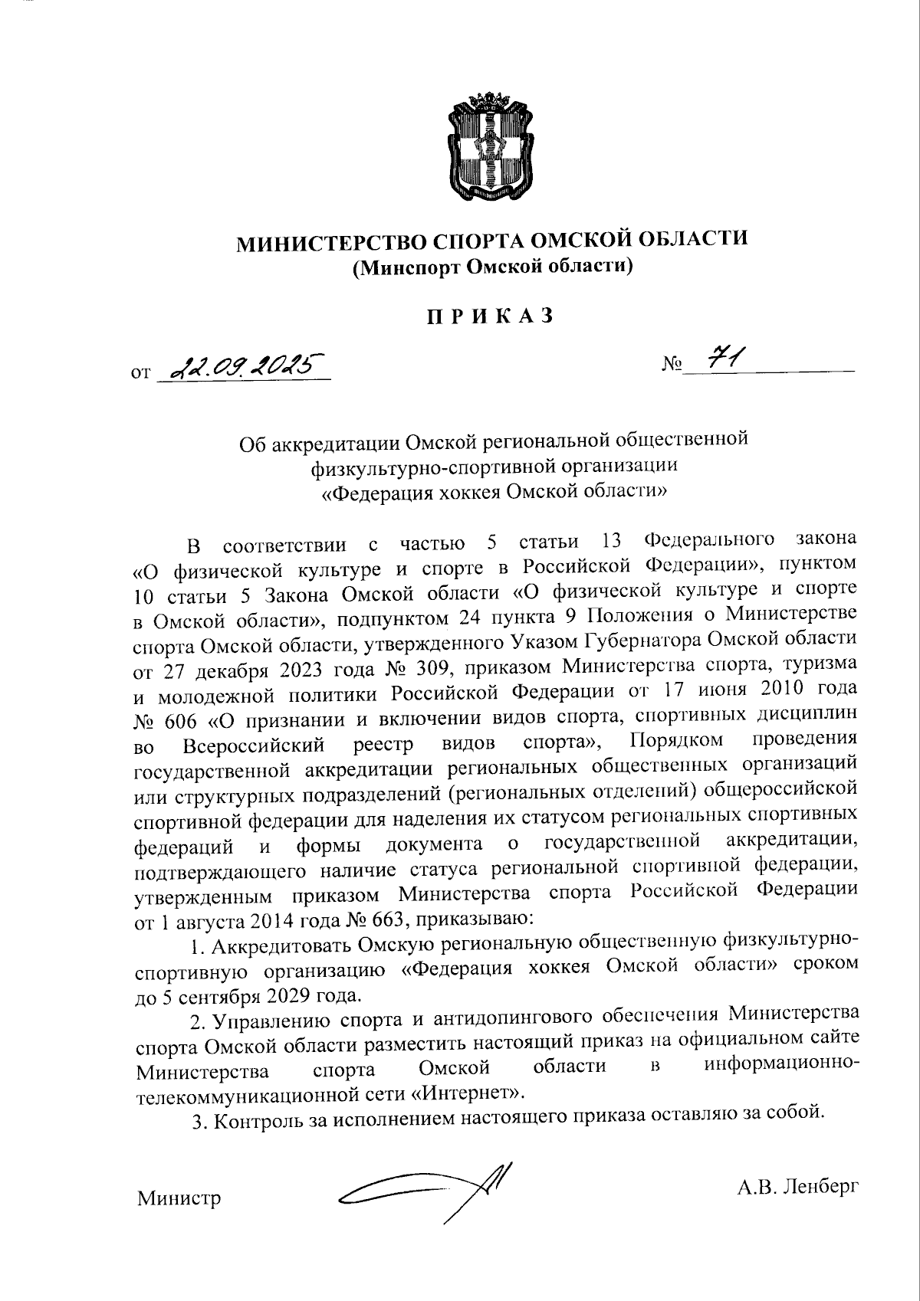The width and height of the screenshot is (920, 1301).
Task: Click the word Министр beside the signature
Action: point(179,1198)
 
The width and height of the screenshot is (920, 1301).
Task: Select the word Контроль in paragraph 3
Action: point(251,1121)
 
